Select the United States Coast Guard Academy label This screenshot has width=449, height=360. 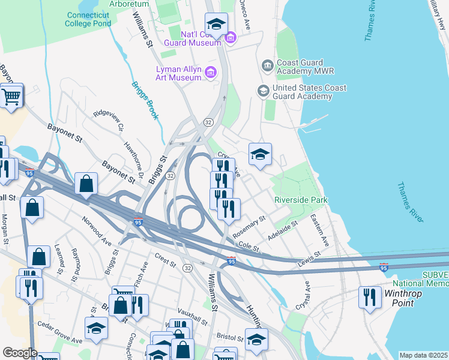pyautogui.click(x=309, y=92)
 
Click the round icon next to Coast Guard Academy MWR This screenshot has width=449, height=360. pyautogui.click(x=267, y=65)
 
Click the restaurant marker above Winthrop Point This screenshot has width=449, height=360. pyautogui.click(x=370, y=298)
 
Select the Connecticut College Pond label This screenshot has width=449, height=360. pyautogui.click(x=89, y=19)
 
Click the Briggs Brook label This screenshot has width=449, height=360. pyautogui.click(x=145, y=100)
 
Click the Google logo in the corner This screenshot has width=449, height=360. pyautogui.click(x=20, y=353)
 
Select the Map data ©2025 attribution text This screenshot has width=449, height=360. pyautogui.click(x=423, y=355)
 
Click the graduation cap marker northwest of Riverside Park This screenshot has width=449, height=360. pyautogui.click(x=261, y=155)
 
